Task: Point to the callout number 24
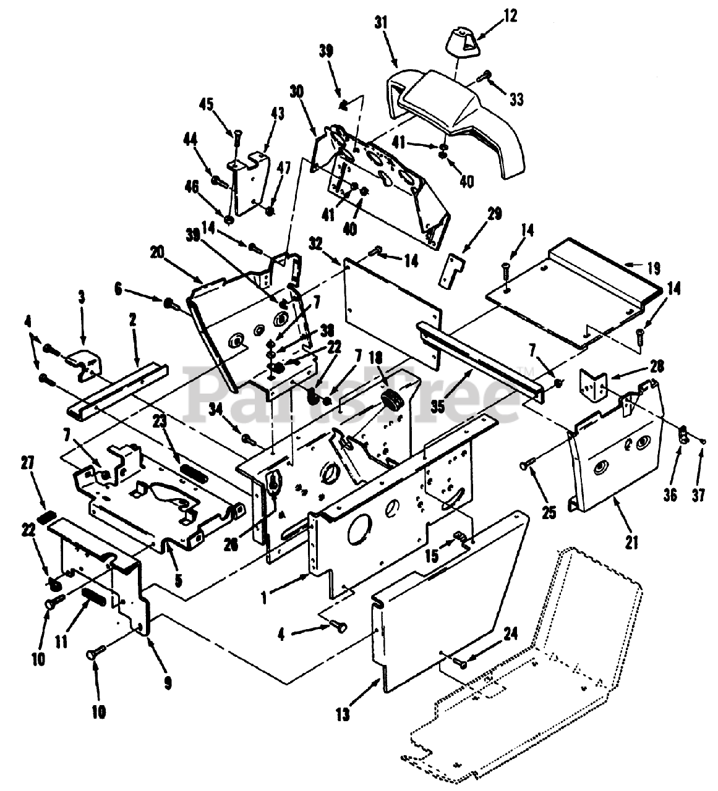510,633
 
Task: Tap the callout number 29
494,214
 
